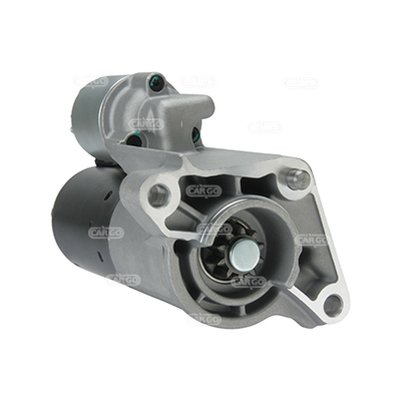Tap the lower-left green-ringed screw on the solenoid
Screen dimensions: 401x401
point(134,140)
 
